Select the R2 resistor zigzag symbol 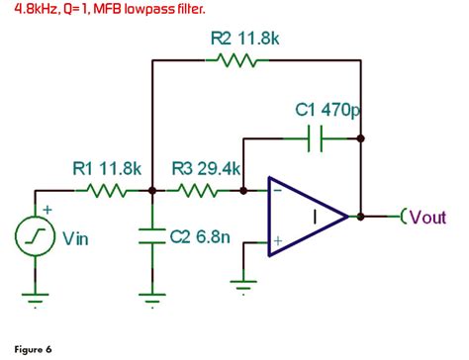click(235, 61)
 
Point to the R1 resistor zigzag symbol click(105, 190)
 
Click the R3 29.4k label click(207, 170)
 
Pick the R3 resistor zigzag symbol click(199, 190)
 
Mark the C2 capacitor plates click(151, 237)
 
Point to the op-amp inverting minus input click(278, 191)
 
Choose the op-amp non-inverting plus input click(278, 239)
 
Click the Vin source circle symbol click(34, 236)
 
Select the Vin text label click(76, 237)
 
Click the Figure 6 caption click(34, 349)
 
